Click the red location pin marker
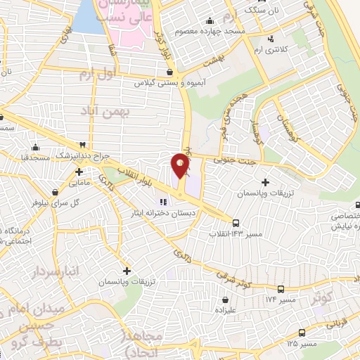click(x=181, y=166)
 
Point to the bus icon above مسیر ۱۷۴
click(x=281, y=289)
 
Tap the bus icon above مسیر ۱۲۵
click(x=302, y=333)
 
